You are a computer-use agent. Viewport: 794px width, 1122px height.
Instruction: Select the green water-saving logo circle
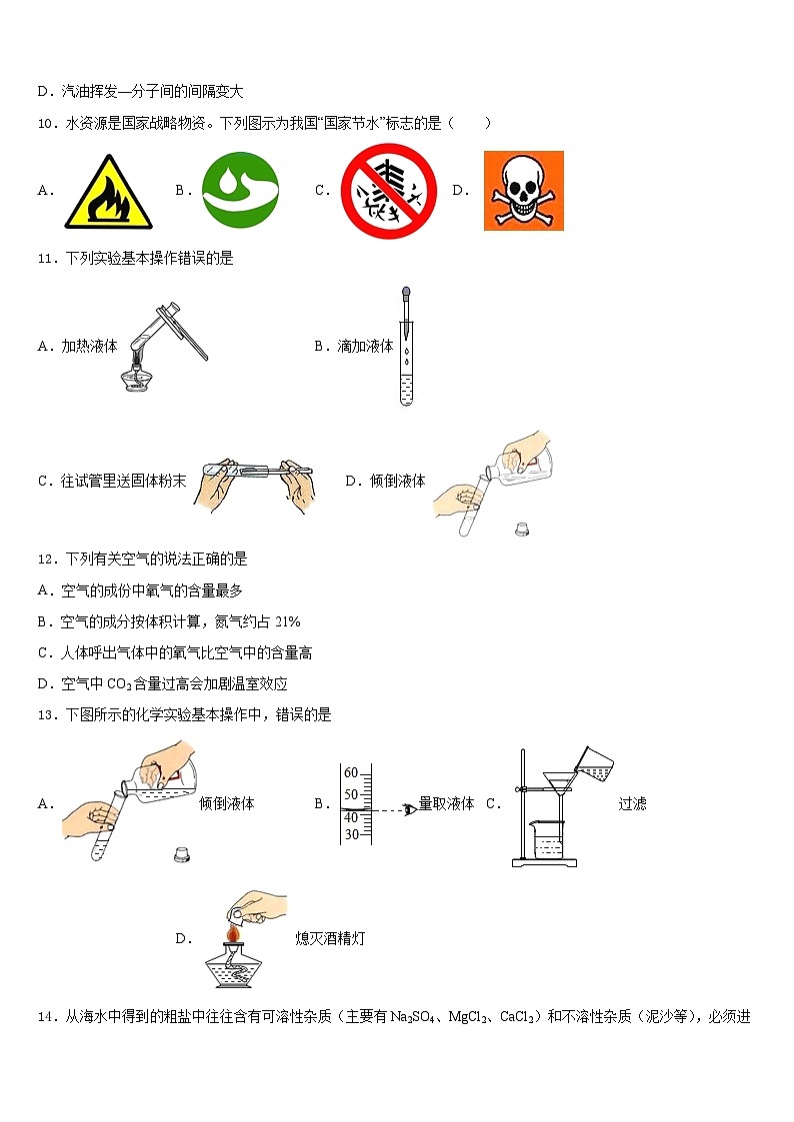coord(241,190)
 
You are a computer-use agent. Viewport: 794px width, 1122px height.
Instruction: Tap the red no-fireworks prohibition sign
coord(389,190)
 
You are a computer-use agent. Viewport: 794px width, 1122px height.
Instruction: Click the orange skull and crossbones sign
coord(523,190)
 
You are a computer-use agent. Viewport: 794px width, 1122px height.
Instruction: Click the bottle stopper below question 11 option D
coord(520,530)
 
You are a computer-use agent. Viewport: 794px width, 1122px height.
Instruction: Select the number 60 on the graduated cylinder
coord(351,773)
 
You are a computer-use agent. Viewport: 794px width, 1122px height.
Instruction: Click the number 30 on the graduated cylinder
coord(351,834)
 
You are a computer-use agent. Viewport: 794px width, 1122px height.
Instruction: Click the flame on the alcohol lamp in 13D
coord(232,934)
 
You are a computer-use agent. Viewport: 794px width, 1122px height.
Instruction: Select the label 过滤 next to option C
coord(632,803)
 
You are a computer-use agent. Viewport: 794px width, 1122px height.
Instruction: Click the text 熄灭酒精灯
coord(330,938)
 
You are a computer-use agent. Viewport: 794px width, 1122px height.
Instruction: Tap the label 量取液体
coord(446,803)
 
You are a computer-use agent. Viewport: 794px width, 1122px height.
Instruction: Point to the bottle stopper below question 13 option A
coord(182,854)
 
